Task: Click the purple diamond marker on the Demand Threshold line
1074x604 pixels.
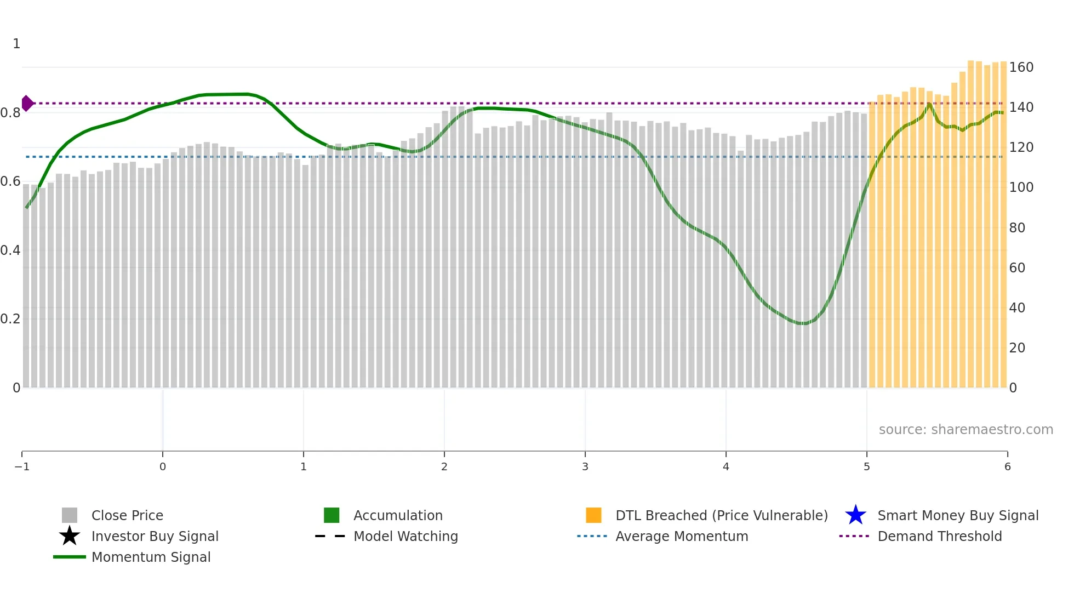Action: click(27, 103)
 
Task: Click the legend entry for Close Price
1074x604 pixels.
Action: click(127, 515)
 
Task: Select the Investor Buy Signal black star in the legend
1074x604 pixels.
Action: click(70, 536)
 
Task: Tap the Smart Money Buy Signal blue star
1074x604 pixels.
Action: click(855, 515)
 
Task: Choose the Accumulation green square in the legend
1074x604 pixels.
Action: click(332, 515)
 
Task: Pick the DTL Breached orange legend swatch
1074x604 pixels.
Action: click(593, 515)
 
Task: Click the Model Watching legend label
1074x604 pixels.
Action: click(405, 536)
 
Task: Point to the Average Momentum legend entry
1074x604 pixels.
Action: click(681, 536)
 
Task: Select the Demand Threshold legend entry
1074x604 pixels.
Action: click(939, 536)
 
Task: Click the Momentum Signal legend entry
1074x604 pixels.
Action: click(151, 557)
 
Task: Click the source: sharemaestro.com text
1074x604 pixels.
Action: click(966, 429)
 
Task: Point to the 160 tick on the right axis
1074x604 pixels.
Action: click(1021, 67)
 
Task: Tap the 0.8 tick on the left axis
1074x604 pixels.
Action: click(10, 113)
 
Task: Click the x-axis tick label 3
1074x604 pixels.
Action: click(585, 466)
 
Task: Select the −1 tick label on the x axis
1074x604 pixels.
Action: click(22, 466)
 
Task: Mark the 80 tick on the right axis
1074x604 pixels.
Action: click(1017, 227)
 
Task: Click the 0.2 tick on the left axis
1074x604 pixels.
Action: click(10, 319)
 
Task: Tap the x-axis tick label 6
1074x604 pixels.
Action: click(1007, 466)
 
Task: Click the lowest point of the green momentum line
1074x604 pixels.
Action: click(803, 323)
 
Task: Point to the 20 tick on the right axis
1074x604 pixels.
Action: click(1017, 348)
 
